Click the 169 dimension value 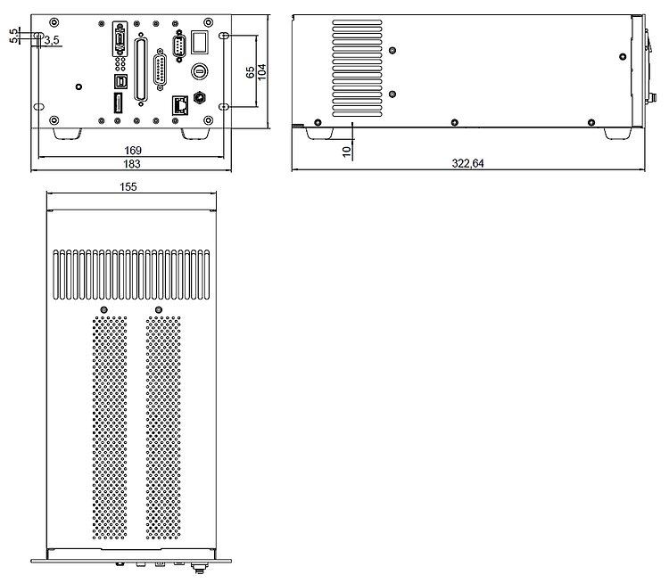pos(133,151)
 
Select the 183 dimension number pos(133,164)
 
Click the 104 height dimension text pos(261,72)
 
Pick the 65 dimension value pos(249,72)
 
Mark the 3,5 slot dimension pos(52,41)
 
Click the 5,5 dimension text pos(12,35)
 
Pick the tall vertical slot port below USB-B pos(118,103)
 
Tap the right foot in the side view pos(615,133)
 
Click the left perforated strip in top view pos(110,431)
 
